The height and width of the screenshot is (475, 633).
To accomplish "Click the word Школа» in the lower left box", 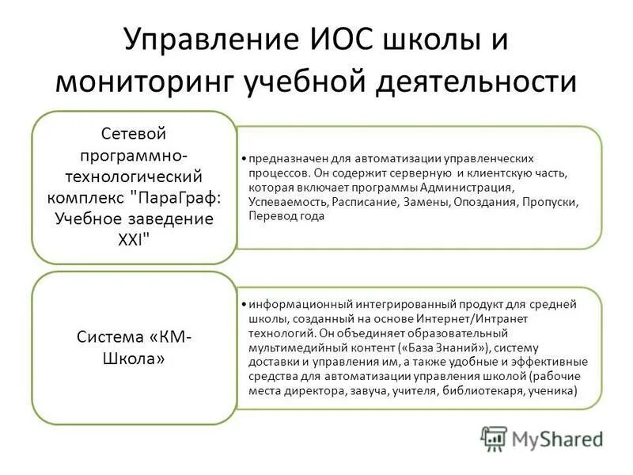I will tap(134, 358).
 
